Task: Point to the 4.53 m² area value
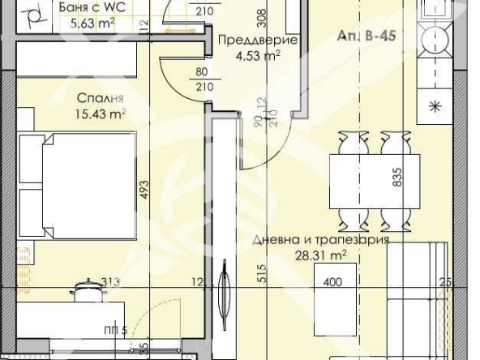point(256,56)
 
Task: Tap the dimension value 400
point(333,284)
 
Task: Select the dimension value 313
point(111,282)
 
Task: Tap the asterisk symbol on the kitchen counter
point(435,105)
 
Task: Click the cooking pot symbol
point(86,289)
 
